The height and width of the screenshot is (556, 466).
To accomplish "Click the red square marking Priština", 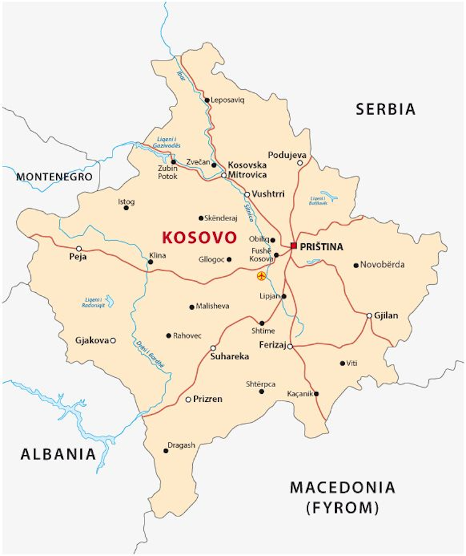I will [294, 246].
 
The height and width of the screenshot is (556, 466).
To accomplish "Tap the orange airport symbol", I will [261, 276].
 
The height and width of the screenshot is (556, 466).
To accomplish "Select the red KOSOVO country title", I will [199, 238].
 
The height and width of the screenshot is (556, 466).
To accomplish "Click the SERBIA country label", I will [385, 110].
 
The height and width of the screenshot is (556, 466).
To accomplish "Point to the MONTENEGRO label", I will [54, 177].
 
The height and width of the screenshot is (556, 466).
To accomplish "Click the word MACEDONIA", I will [342, 487].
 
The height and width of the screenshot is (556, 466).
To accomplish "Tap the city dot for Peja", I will [78, 248].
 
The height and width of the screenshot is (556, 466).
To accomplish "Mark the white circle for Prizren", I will [189, 399].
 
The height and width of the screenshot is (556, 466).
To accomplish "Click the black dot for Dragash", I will [166, 451].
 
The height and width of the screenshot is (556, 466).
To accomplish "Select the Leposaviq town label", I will [228, 100].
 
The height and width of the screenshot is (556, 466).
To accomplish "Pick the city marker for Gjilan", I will [369, 315].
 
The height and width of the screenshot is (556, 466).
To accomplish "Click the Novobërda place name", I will [383, 265].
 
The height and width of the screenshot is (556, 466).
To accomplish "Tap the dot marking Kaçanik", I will [316, 394].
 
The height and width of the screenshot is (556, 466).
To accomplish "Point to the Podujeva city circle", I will [300, 163].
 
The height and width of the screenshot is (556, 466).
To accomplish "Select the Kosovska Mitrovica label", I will [247, 170].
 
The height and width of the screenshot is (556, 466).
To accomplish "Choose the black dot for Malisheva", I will [192, 306].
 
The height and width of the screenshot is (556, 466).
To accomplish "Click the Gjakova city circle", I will [113, 340].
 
